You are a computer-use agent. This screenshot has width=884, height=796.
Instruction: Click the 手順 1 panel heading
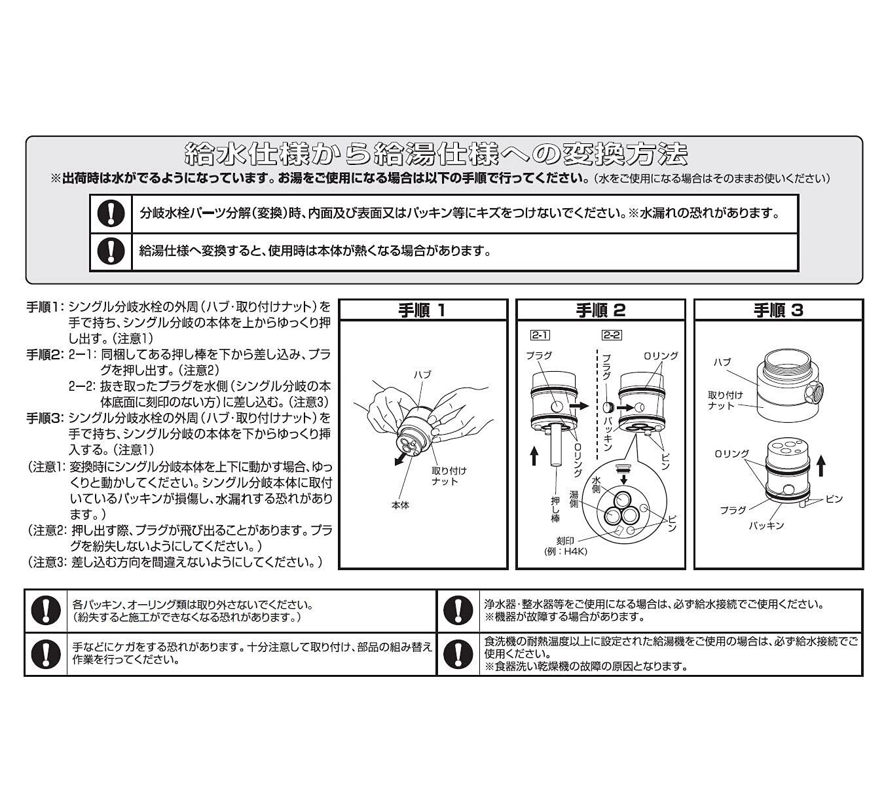(422, 310)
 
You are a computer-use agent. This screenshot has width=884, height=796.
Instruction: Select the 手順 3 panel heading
(777, 310)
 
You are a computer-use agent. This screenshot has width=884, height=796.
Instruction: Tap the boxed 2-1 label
(540, 335)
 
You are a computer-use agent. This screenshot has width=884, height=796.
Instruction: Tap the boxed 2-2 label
(611, 335)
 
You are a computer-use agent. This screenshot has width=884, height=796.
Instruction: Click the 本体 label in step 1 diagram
(400, 505)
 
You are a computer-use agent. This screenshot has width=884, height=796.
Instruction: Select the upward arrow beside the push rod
(534, 455)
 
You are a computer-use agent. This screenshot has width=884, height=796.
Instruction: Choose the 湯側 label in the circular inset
(574, 499)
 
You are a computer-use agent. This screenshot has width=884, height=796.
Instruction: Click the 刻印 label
(565, 541)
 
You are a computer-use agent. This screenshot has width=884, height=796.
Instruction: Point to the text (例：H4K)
(566, 552)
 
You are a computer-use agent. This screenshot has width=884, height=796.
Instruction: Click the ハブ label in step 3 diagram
(722, 362)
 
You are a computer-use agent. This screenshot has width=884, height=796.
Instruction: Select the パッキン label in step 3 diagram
(766, 525)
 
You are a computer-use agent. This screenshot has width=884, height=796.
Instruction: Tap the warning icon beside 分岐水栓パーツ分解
(111, 213)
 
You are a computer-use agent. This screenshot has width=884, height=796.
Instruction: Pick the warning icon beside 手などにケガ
(45, 653)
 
